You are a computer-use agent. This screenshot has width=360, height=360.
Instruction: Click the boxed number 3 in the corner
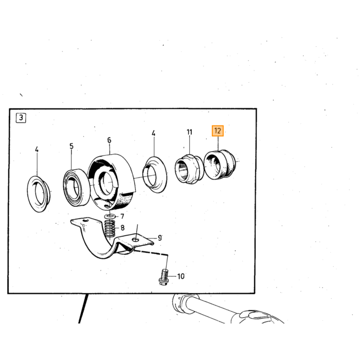point(21,118)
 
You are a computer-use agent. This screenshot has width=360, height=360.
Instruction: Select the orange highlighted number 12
point(218,131)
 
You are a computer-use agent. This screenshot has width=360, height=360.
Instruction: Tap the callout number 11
point(189,132)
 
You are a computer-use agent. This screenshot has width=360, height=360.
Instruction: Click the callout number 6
point(109,140)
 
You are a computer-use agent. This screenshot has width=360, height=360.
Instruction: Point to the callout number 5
point(71,146)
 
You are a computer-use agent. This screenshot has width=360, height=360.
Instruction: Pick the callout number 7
point(122,217)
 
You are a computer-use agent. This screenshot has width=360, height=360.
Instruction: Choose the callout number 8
point(122,228)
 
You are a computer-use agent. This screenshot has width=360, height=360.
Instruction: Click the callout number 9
point(159,238)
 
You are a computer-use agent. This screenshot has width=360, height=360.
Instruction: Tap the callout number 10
point(181,276)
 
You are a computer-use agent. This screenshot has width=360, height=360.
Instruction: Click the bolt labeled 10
point(163,277)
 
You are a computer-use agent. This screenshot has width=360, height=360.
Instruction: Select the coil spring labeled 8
point(110,228)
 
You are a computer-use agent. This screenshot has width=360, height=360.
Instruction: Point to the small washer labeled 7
point(110,217)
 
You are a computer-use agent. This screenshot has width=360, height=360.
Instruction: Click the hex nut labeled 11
point(189,169)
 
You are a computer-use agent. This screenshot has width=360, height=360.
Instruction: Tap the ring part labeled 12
point(220,165)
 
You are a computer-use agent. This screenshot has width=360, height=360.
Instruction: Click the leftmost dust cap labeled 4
point(39,194)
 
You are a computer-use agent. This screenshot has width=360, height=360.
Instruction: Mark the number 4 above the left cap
point(37,150)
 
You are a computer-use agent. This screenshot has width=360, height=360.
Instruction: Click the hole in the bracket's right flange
point(136,240)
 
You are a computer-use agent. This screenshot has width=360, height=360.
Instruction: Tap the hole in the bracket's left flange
point(86,221)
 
